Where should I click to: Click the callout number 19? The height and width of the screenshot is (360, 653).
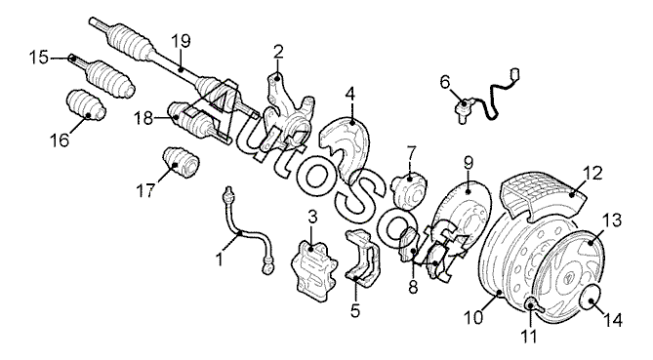(181, 41)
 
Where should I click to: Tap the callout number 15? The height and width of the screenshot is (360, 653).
(39, 57)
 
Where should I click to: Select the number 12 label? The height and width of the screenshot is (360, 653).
(592, 173)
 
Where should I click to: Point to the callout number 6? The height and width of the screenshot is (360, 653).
(445, 82)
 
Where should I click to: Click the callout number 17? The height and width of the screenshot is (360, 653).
(144, 191)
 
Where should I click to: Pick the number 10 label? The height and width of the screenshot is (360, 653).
(473, 317)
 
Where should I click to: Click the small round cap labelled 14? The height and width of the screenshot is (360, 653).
(591, 297)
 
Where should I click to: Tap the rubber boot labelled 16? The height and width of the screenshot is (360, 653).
(86, 104)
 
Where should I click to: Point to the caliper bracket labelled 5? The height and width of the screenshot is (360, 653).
(362, 259)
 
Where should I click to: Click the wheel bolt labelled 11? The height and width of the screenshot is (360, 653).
(535, 305)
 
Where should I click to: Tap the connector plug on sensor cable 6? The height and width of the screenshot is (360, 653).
(516, 75)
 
